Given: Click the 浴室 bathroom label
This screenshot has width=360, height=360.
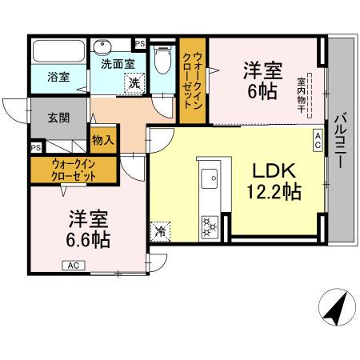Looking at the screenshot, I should tap(57, 78).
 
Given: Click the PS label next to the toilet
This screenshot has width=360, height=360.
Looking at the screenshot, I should tap(140, 44).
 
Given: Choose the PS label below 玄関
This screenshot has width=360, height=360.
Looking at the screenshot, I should tap(36, 148).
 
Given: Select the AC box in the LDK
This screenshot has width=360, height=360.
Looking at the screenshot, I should tap(318, 140).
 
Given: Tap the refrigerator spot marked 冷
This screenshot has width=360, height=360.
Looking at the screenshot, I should tap(158, 233).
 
